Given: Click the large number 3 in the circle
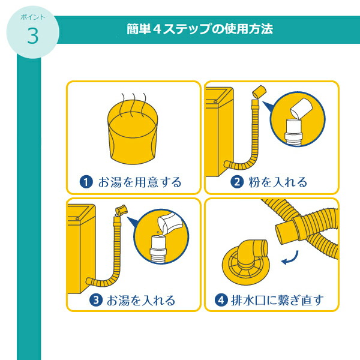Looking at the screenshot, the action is click(33, 36).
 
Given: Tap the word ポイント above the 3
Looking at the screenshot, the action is click(33, 17).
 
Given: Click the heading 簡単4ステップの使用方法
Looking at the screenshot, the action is click(200, 29).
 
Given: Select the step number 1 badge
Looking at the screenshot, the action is click(86, 182).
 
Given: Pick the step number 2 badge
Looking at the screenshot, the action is click(237, 182).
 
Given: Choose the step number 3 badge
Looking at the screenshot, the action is click(96, 300).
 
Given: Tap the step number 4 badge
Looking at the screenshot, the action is click(221, 300).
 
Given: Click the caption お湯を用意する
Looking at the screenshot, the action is click(140, 182).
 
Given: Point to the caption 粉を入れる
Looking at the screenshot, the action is click(278, 182).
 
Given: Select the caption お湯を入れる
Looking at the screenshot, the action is click(141, 301).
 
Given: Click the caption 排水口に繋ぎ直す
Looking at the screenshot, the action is click(277, 301).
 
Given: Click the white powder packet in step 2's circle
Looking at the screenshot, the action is click(301, 109).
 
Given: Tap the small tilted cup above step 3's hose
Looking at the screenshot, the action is click(122, 209).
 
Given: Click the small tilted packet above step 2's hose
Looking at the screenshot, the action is click(259, 92).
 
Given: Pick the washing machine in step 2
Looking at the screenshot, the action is click(219, 132).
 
